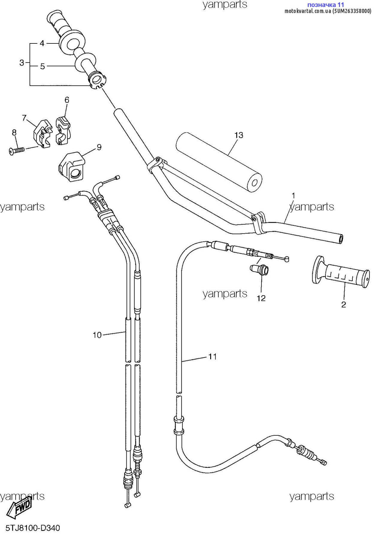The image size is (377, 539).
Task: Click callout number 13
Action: coord(239,135)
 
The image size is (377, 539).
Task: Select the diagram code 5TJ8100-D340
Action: coord(33,528)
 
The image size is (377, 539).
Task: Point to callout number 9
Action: coord(99,147)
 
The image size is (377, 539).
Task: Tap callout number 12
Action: coord(261,298)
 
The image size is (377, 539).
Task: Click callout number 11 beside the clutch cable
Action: coord(212,356)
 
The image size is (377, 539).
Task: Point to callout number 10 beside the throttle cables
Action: coord(97,335)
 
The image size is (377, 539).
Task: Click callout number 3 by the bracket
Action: coord(22,63)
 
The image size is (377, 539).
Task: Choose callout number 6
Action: coord(67,100)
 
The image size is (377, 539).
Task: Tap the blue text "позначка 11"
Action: coord(326,4)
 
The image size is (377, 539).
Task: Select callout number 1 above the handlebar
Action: coord(293,196)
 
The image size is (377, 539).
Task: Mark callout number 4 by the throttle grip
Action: coord(42,43)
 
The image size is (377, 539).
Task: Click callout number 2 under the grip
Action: coord(343,305)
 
